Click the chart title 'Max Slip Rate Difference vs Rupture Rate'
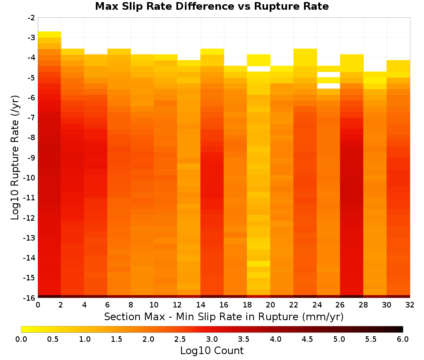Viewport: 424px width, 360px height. (x=212, y=6)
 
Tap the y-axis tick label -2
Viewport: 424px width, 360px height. (x=31, y=18)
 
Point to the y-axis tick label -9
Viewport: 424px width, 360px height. (x=31, y=158)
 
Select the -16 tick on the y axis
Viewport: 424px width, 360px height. (x=30, y=298)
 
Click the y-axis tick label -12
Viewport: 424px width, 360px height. (x=30, y=218)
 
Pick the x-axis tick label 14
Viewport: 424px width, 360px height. (x=201, y=305)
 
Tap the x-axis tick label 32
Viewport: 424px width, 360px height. (x=410, y=305)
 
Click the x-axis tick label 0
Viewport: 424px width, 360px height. (x=38, y=305)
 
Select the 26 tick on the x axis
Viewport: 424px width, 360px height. (x=340, y=305)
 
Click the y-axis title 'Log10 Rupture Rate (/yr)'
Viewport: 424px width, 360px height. (x=15, y=158)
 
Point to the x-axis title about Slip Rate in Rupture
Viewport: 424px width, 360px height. (x=224, y=316)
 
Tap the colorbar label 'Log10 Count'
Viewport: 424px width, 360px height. (x=212, y=351)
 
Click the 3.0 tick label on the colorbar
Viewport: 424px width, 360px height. (x=212, y=339)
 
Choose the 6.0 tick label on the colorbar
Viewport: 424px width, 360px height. (x=403, y=339)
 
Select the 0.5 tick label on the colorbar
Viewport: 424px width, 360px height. (x=53, y=339)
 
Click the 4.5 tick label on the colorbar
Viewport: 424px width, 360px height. (x=307, y=339)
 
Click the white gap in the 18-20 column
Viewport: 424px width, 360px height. (x=259, y=69)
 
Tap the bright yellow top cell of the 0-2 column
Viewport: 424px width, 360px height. (x=50, y=35)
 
